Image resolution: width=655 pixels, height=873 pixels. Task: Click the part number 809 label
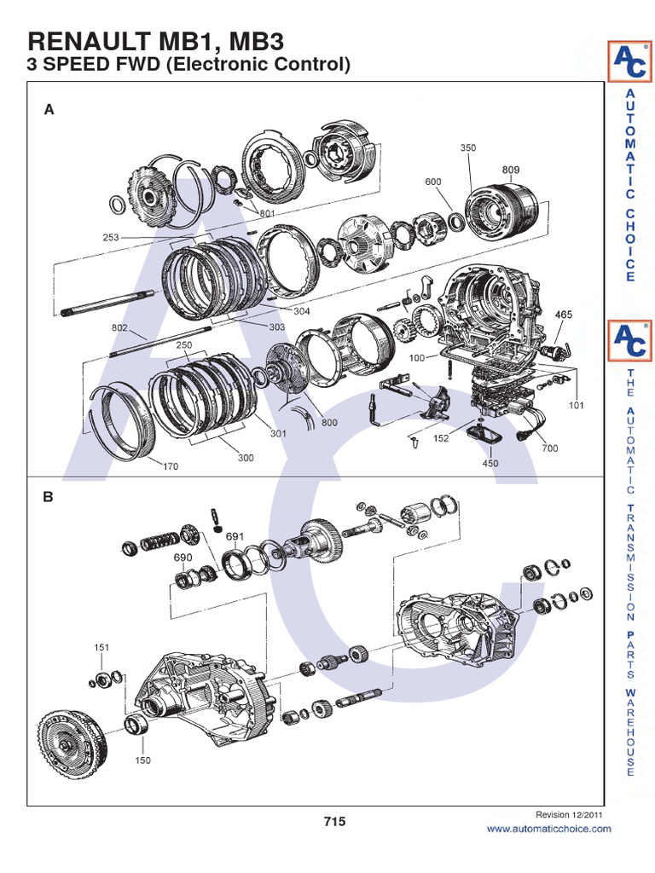pyautogui.click(x=510, y=170)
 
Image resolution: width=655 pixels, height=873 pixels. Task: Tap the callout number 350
pyautogui.click(x=468, y=147)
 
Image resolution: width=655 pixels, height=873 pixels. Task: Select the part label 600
pyautogui.click(x=433, y=182)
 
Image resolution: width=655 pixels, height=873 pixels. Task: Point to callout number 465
pyautogui.click(x=564, y=315)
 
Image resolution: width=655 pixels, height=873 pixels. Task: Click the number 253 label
pyautogui.click(x=111, y=238)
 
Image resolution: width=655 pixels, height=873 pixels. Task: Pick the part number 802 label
pyautogui.click(x=119, y=327)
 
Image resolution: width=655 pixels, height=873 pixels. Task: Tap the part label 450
pyautogui.click(x=490, y=464)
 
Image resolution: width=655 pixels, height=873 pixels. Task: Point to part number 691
pyautogui.click(x=235, y=536)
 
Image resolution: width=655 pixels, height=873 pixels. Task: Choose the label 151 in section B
pyautogui.click(x=101, y=648)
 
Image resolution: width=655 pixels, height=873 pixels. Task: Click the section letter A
pyautogui.click(x=49, y=109)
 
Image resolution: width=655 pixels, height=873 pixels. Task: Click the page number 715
pyautogui.click(x=334, y=822)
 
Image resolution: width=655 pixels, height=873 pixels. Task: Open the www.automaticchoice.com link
pyautogui.click(x=548, y=829)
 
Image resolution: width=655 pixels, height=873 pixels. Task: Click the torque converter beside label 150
pyautogui.click(x=72, y=737)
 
